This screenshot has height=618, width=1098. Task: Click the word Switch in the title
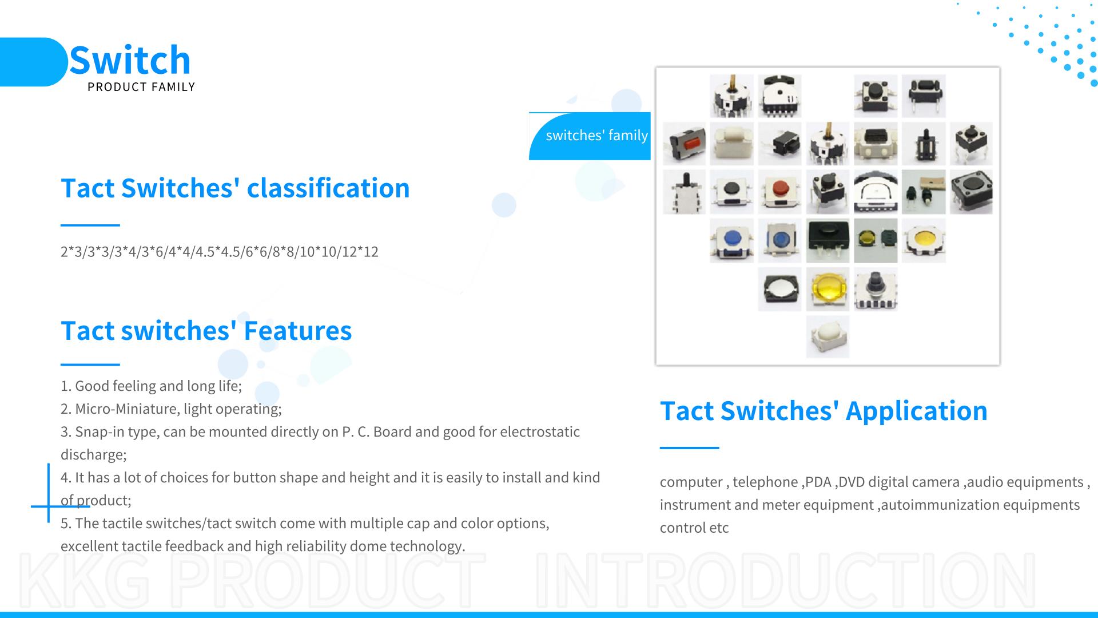coord(130,60)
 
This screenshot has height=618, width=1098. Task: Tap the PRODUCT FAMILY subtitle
coord(141,87)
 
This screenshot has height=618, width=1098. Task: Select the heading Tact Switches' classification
coord(235,188)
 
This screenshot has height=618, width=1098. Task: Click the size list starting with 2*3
coord(220,252)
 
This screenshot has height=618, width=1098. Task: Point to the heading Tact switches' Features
coord(206,330)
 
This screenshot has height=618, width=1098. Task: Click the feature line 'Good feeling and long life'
coord(151,386)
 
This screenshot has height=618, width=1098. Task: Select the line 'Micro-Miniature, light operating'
coord(171,409)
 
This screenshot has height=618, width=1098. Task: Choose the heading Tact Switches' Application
coord(823,411)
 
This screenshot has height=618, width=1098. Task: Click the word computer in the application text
coord(691,482)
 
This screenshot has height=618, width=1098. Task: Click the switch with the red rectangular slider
coord(684,143)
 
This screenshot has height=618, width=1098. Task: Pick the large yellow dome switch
coord(828,289)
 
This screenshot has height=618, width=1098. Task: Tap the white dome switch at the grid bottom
coord(828,337)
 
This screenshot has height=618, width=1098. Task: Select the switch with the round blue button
coord(731,240)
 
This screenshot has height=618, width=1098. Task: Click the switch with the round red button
coord(779,192)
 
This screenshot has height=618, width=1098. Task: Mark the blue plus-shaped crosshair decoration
coord(49,506)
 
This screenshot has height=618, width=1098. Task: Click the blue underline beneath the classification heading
coord(90,225)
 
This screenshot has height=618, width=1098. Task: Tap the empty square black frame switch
coord(779,289)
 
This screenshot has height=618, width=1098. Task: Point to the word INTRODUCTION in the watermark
coord(786,580)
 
